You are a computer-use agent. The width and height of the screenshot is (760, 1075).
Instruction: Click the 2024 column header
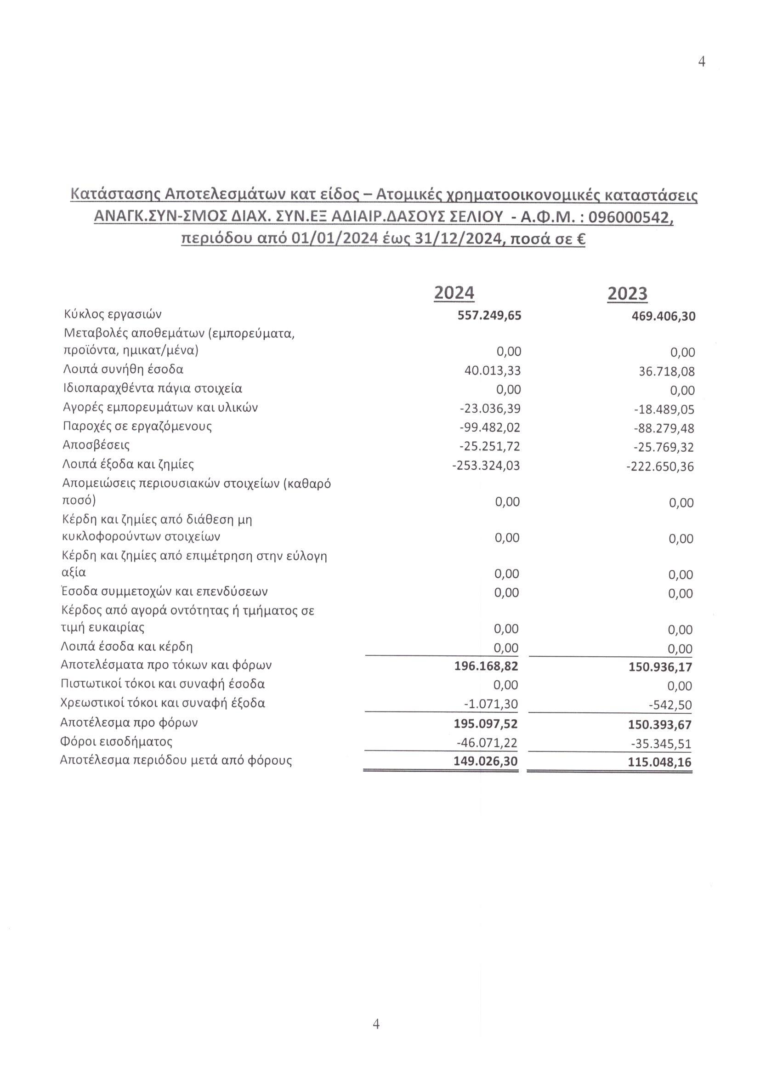pos(454,293)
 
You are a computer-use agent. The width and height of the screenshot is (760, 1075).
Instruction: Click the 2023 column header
pos(627,294)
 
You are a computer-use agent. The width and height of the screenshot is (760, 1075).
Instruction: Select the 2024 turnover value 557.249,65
pos(489,315)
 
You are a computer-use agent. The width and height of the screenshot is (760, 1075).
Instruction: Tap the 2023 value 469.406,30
pos(663,316)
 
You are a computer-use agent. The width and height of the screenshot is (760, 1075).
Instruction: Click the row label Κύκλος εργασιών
pos(113,314)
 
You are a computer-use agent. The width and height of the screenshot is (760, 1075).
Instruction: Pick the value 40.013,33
pos(492,371)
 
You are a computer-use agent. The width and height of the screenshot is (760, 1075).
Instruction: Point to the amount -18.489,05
pos(664,410)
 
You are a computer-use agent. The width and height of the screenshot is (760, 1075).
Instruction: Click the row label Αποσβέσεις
pos(96,444)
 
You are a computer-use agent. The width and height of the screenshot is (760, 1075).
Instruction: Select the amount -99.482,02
pos(490,427)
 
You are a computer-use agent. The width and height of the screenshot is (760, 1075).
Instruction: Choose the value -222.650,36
pos(660,466)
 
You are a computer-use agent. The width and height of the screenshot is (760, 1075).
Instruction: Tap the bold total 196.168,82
pos(486,666)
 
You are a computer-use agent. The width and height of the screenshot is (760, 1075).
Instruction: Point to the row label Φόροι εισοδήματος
pos(117,742)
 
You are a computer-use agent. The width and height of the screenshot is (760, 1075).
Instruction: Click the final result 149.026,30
pos(486,761)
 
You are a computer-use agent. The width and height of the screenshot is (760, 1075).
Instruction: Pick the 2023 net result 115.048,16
pos(660,762)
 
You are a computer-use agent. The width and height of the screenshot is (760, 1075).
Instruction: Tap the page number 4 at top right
pos(702,62)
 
